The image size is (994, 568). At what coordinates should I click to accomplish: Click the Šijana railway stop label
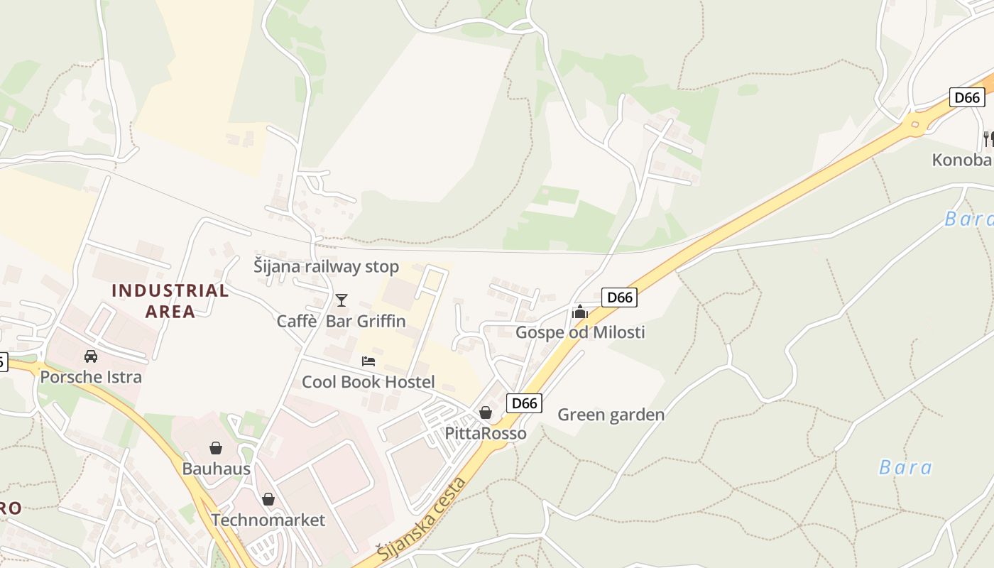pyautogui.click(x=327, y=267)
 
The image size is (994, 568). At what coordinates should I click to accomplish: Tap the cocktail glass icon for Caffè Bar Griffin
pyautogui.click(x=342, y=300)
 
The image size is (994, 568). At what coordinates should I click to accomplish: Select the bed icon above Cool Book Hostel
pyautogui.click(x=368, y=361)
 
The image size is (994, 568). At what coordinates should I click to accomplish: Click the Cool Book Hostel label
pyautogui.click(x=368, y=382)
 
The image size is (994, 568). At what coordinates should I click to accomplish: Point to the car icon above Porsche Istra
pyautogui.click(x=91, y=356)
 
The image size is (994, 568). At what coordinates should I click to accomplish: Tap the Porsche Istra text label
pyautogui.click(x=91, y=377)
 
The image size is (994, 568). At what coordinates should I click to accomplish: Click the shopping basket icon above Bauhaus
pyautogui.click(x=216, y=448)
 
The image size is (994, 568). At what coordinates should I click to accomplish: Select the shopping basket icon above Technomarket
pyautogui.click(x=268, y=499)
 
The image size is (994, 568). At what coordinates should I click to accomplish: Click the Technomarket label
pyautogui.click(x=268, y=520)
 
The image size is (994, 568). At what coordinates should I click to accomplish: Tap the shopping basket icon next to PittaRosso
pyautogui.click(x=486, y=412)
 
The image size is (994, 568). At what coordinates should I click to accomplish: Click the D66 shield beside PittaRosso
pyautogui.click(x=525, y=403)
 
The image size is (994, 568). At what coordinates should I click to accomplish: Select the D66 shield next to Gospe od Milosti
pyautogui.click(x=619, y=297)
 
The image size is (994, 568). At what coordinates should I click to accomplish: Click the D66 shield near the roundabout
pyautogui.click(x=967, y=97)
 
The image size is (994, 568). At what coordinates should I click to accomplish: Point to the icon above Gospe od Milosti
pyautogui.click(x=580, y=312)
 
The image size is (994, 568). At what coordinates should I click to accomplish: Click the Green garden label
pyautogui.click(x=611, y=415)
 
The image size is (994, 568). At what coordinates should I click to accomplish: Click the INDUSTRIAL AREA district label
pyautogui.click(x=170, y=300)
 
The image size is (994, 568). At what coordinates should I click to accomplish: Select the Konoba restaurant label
pyautogui.click(x=962, y=160)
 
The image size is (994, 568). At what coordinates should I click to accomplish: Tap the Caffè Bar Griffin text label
pyautogui.click(x=342, y=321)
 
